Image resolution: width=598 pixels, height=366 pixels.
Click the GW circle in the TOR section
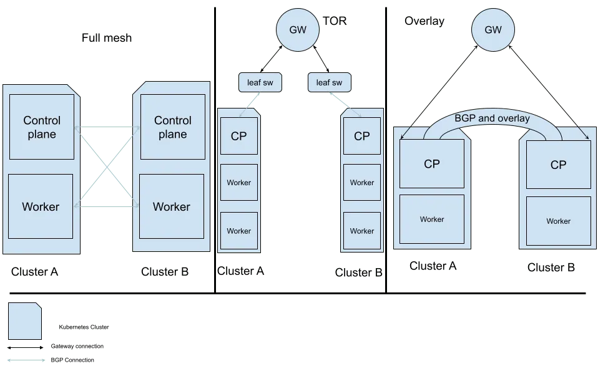pyautogui.click(x=298, y=30)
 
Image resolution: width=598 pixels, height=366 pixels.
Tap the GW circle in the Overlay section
pyautogui.click(x=493, y=30)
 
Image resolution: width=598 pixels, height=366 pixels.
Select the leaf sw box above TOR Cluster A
pyautogui.click(x=260, y=82)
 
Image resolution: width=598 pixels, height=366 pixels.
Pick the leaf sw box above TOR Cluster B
pyautogui.click(x=329, y=82)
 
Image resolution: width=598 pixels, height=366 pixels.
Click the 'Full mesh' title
pyautogui.click(x=107, y=37)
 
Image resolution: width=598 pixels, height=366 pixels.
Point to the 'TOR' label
pyautogui.click(x=335, y=21)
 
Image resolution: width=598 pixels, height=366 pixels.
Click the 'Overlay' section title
pyautogui.click(x=424, y=21)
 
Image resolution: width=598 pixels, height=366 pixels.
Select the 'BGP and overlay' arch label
pyautogui.click(x=492, y=118)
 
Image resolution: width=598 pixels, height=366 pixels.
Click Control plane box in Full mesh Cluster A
pyautogui.click(x=42, y=127)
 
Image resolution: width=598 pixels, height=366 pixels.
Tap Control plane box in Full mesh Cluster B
pyautogui.click(x=173, y=127)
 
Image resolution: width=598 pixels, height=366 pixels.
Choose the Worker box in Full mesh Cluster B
pyautogui.click(x=172, y=206)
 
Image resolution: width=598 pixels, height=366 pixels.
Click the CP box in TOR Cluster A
pyautogui.click(x=239, y=136)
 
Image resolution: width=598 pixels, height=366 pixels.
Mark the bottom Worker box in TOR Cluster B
pyautogui.click(x=362, y=231)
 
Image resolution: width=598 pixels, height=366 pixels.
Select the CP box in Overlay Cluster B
pyautogui.click(x=558, y=165)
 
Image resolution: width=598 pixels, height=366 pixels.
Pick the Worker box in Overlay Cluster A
pyautogui.click(x=432, y=219)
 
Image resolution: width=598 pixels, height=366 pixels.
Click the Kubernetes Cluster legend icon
pyautogui.click(x=25, y=321)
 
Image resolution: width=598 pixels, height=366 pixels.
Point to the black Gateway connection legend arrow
pyautogui.click(x=26, y=347)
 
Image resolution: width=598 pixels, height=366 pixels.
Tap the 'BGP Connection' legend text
pyautogui.click(x=72, y=360)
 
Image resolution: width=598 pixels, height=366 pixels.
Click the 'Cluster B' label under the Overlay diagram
pyautogui.click(x=551, y=267)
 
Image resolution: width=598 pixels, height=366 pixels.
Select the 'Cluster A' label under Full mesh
pyautogui.click(x=35, y=272)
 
